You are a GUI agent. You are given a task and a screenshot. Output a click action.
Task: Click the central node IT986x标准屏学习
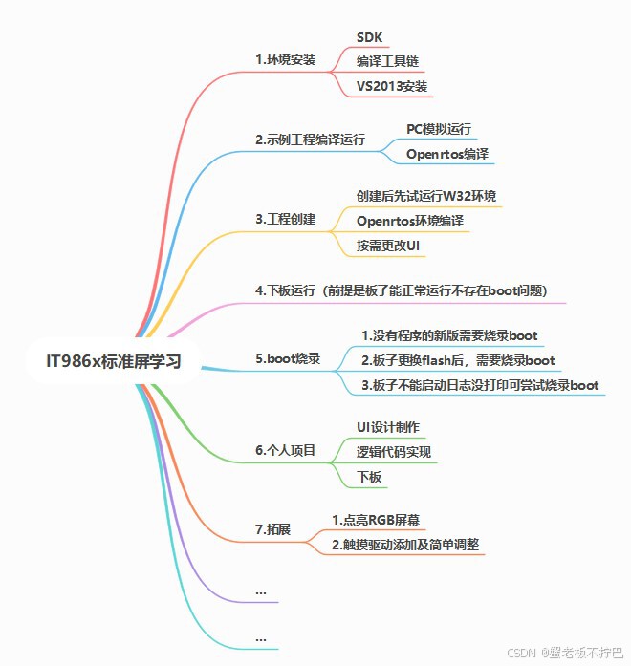coord(113,361)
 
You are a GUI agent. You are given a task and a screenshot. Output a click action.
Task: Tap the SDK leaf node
coord(370,37)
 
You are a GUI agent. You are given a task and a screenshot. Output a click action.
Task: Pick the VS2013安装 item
coord(392,86)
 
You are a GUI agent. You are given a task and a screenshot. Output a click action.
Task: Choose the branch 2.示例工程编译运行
coord(310,140)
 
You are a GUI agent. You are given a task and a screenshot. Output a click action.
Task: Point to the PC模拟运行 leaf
coord(439,127)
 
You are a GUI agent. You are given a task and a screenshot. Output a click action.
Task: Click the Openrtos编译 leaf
coord(447,153)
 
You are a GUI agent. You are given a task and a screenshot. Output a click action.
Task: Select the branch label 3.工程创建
coord(285,219)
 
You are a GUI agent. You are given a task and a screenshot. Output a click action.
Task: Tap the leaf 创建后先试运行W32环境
coord(426,196)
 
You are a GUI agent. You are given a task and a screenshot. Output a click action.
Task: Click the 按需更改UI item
coord(388,245)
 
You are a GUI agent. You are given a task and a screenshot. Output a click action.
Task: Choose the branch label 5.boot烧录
coord(288,360)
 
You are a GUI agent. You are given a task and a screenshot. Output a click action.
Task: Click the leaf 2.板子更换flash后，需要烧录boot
coord(458,360)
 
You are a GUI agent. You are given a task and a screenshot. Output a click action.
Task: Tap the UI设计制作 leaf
coord(388,426)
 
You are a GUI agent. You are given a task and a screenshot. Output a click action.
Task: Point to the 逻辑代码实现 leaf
coord(394,451)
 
